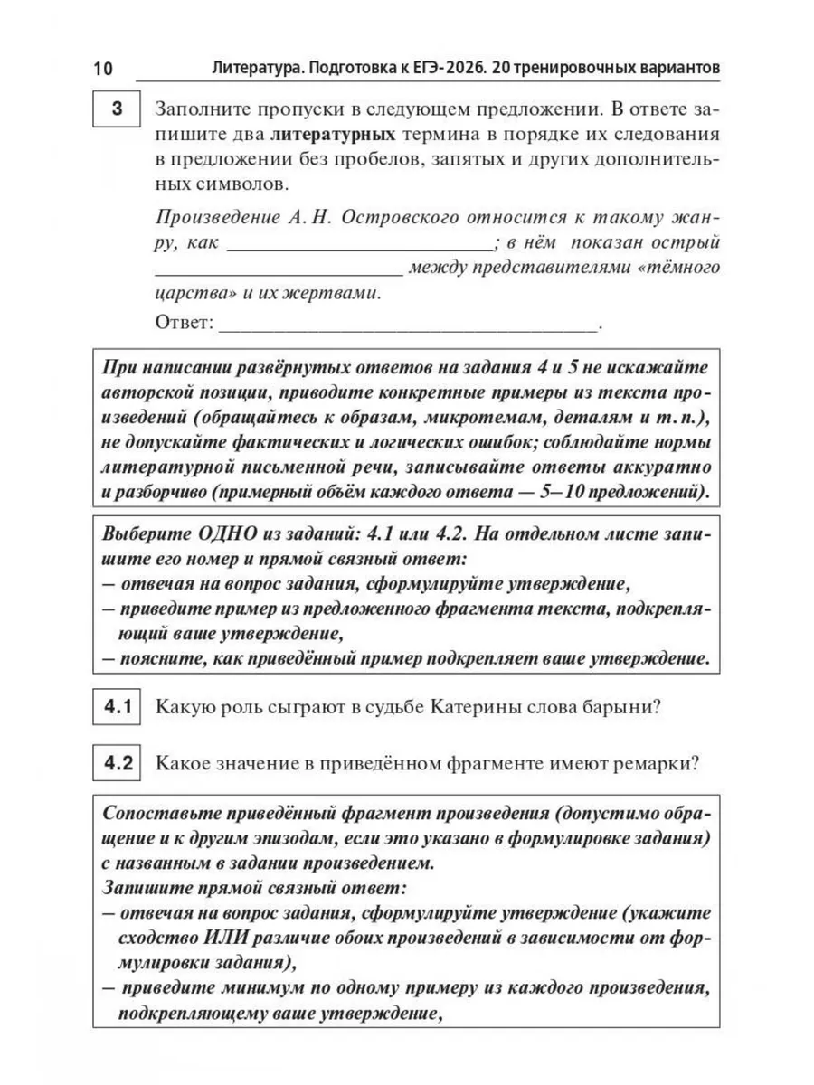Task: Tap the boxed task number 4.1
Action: (x=117, y=708)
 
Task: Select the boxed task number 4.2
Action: (x=117, y=762)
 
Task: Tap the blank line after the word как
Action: (x=357, y=244)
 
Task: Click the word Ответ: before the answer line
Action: (x=185, y=322)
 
